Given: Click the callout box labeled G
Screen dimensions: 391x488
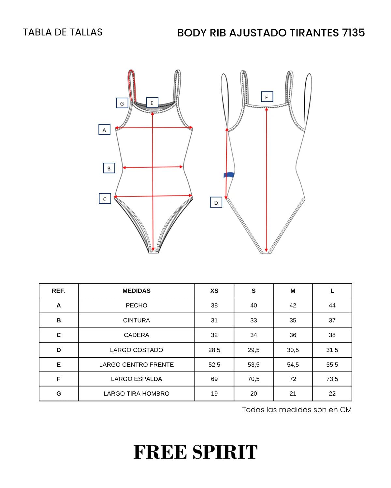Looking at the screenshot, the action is [122, 103].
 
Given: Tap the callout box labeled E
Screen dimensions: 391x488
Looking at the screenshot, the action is [152, 102].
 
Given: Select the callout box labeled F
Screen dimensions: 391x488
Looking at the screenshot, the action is [267, 97].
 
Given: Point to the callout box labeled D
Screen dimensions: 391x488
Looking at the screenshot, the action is [216, 202].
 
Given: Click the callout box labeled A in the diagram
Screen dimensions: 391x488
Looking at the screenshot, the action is [104, 129].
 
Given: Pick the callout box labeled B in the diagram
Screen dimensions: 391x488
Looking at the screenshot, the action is [109, 168].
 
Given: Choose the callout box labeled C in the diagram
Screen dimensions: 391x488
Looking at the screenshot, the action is [105, 198].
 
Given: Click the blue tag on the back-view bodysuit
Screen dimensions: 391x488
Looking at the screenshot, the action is [229, 175].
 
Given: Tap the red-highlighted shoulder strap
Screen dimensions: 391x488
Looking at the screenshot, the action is [132, 85].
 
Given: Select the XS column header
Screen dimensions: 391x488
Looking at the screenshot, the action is [214, 291].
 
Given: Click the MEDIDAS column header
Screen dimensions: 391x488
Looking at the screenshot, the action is [136, 291].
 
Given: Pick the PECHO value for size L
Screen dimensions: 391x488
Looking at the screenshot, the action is [332, 305].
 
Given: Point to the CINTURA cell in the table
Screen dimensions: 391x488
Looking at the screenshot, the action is [136, 320].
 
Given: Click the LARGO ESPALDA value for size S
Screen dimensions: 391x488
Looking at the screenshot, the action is [253, 379].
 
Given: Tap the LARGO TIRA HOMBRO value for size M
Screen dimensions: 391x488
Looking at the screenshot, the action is [293, 393].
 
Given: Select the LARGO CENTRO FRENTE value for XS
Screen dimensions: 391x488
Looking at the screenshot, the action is [214, 365].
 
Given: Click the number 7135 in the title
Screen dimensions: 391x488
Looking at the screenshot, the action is [354, 33].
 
